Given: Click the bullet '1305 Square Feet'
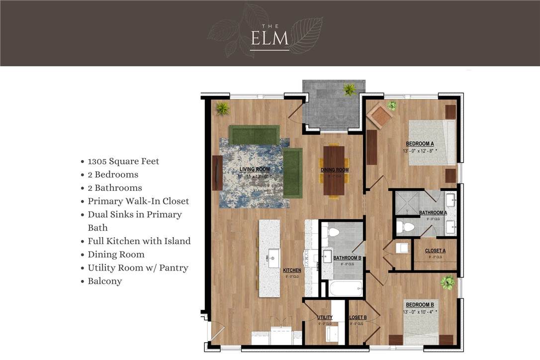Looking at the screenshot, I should (x=123, y=161).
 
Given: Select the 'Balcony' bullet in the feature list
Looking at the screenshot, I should (x=105, y=281).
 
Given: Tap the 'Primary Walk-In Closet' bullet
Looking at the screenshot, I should (x=138, y=201).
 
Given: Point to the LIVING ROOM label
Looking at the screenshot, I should (x=255, y=170).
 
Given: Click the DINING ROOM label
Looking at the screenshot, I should (x=335, y=170).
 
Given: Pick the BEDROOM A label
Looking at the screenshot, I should (x=420, y=144).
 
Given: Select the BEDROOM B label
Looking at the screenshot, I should (x=420, y=305).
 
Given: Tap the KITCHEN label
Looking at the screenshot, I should (x=292, y=270).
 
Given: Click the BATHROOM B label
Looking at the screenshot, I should (x=347, y=258).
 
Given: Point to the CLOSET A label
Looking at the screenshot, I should (x=435, y=251).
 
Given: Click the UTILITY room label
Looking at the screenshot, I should (x=325, y=318).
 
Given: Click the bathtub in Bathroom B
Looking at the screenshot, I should (x=345, y=288).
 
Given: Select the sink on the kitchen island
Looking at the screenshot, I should (x=273, y=258).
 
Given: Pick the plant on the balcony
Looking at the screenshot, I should (x=350, y=90).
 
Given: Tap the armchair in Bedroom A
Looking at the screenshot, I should (x=380, y=116).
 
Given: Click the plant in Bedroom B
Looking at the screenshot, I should (x=448, y=282).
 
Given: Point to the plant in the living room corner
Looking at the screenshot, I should (x=222, y=108).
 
